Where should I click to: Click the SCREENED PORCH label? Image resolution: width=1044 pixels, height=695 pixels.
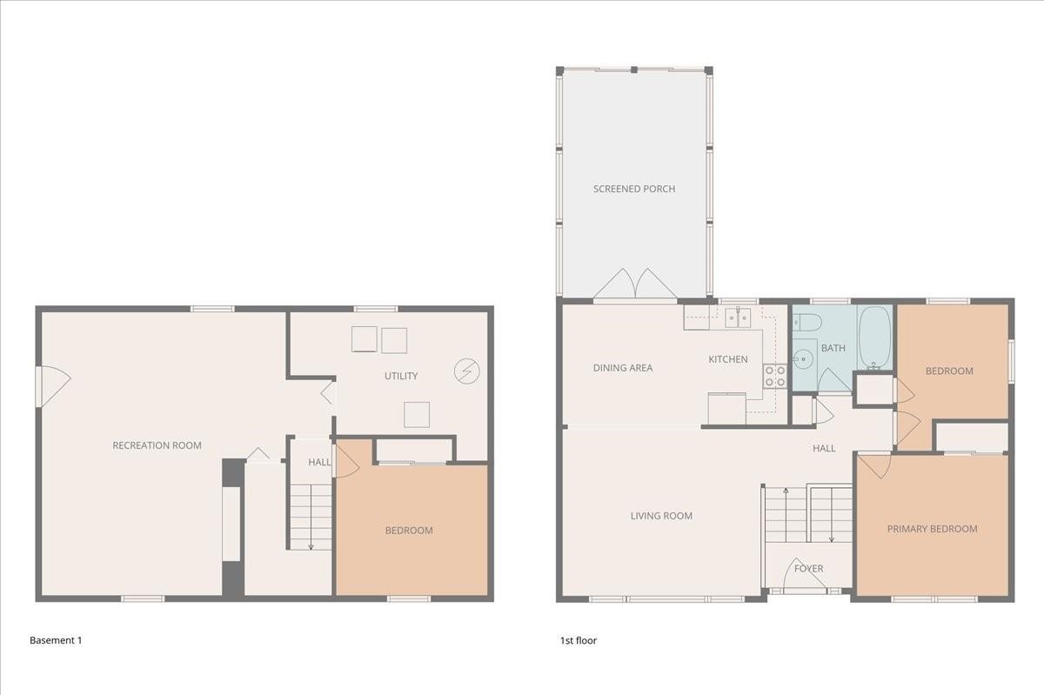tap(634, 189)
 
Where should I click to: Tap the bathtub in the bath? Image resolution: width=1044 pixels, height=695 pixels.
tap(874, 338)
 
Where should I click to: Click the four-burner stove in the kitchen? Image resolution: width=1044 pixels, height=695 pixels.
tap(774, 376)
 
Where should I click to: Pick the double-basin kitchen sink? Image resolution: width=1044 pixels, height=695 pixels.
tap(738, 317)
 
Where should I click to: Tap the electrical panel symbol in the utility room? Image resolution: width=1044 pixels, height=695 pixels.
tap(467, 371)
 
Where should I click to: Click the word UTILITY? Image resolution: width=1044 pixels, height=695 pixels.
tap(401, 376)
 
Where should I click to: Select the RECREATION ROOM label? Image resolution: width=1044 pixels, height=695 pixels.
tap(157, 445)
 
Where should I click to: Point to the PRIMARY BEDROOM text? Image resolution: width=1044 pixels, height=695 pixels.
tap(932, 529)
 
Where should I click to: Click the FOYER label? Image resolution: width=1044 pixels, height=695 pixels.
tap(808, 569)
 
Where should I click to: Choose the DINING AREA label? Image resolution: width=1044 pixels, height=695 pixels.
tap(623, 368)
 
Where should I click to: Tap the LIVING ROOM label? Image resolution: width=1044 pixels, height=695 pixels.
tap(661, 516)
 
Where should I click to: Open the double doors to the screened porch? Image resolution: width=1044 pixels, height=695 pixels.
tap(635, 285)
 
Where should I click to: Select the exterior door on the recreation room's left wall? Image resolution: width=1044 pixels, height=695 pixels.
tap(50, 385)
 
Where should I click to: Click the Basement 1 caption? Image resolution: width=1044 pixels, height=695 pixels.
tap(56, 640)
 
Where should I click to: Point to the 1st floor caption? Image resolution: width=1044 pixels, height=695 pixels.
tap(579, 640)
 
